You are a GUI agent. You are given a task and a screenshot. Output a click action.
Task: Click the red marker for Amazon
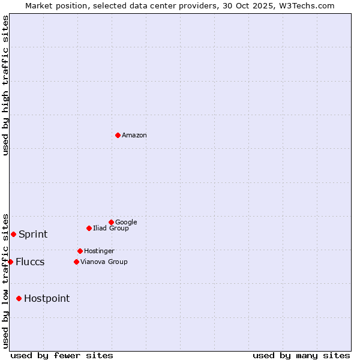coord(118,135)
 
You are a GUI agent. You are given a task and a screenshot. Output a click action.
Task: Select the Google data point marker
coord(111,222)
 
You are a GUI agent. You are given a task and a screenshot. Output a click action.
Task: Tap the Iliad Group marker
coord(89,228)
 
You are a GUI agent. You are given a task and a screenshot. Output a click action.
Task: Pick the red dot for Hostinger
coord(80,251)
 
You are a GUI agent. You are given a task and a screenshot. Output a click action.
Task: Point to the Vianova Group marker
coord(76,262)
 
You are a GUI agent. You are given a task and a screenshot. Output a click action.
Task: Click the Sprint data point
coord(13,234)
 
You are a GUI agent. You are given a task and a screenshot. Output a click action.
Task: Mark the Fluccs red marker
coord(10,262)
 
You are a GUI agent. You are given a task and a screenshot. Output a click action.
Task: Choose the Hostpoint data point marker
coord(19,298)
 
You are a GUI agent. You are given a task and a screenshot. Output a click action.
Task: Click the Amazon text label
coord(134,135)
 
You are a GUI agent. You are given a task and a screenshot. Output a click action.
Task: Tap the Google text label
coord(126,222)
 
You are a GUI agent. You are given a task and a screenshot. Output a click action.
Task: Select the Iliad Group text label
coord(111,228)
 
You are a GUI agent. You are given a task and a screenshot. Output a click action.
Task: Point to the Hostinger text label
coord(99,251)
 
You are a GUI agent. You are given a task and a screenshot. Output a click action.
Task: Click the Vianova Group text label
coord(104,262)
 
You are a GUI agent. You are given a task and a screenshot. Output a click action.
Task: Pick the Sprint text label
coord(33,234)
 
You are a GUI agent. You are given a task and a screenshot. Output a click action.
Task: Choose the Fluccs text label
coord(30,262)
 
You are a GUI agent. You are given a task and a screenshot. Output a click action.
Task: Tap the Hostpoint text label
coord(47,298)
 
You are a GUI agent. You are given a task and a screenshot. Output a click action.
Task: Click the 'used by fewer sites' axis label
coord(62,355)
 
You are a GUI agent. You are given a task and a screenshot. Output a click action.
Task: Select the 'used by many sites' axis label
coord(301,355)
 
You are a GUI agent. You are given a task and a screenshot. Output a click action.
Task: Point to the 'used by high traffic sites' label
coord(5,85)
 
